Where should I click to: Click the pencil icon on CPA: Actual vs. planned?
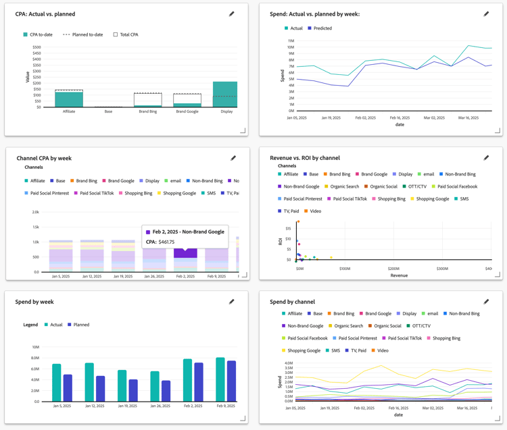232,14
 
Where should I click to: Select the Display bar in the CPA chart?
226,95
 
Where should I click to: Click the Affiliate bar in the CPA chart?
69,99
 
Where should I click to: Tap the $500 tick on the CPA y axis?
37,47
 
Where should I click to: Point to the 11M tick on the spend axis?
291,41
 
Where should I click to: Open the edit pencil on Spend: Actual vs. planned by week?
486,14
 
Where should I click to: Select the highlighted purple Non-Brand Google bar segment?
185,253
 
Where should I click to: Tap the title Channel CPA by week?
44,158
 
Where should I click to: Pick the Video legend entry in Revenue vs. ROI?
315,211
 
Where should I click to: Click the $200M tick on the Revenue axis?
393,269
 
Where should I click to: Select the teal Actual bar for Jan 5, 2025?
57,383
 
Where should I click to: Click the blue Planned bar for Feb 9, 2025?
232,381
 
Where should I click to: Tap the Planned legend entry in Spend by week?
80,325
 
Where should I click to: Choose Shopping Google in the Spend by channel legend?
304,350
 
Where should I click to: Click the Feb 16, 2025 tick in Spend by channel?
399,408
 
